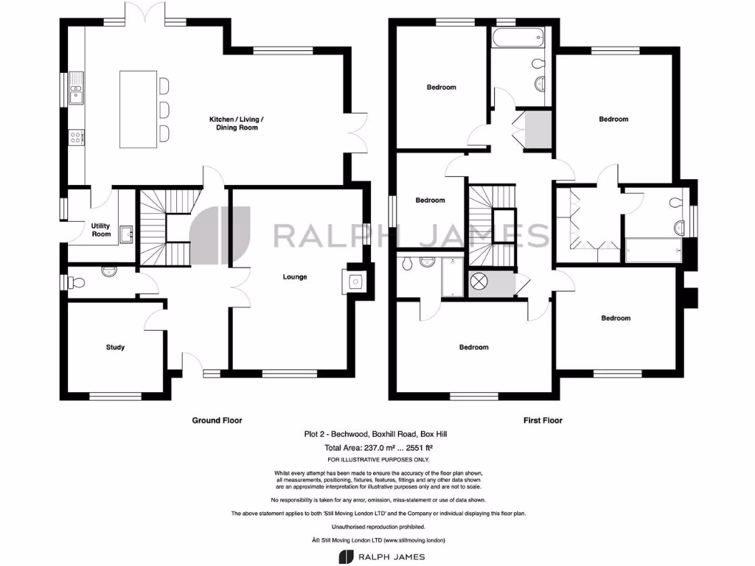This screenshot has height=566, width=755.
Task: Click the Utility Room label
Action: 101,230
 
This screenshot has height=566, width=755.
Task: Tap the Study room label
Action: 115,347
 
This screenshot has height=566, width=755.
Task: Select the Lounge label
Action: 295,277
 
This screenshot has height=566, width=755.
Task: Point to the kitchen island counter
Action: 138,106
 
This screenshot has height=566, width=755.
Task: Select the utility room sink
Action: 125,234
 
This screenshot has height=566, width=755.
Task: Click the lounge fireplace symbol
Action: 355,281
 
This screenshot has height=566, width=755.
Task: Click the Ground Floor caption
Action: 217,421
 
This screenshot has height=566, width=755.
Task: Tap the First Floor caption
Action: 543,421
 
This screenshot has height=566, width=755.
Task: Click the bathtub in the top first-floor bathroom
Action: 516,34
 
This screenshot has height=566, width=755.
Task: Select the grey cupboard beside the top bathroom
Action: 539,129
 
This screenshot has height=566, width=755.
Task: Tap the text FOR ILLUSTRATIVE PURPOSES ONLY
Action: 377,460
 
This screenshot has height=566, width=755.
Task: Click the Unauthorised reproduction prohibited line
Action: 377,527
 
